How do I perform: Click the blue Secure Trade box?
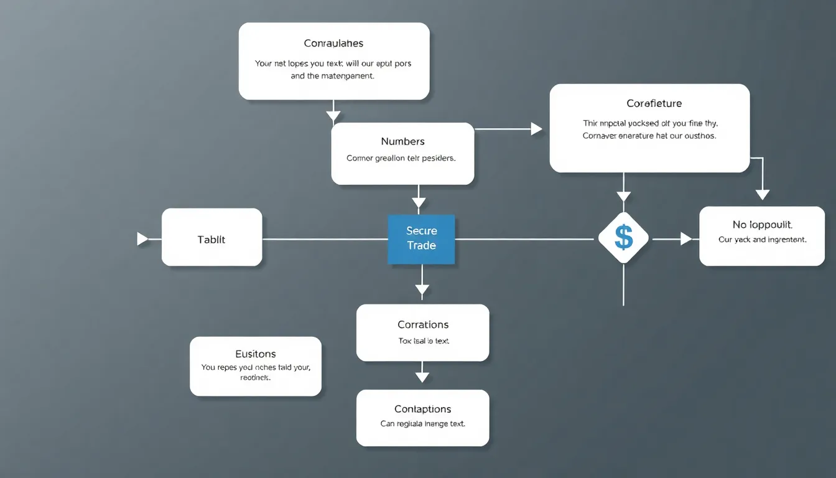pos(421,239)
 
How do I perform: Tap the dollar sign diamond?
pos(623,238)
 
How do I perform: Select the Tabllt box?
pos(211,239)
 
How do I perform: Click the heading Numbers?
pos(402,141)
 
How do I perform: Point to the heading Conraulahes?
pos(333,44)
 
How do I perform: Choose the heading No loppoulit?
pos(762,225)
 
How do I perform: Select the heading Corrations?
pos(423,325)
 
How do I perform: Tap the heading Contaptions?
pos(422,409)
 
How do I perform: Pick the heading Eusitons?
pos(256,354)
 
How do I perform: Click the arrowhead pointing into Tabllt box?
pos(142,239)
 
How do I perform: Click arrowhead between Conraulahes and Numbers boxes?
pos(333,115)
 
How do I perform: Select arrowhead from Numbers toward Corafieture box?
pos(536,129)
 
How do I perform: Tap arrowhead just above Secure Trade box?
pos(419,202)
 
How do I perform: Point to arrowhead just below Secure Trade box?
pos(422,289)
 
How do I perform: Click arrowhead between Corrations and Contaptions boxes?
pos(422,377)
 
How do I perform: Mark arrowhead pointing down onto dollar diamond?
pos(623,197)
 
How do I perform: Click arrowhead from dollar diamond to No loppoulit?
pos(685,238)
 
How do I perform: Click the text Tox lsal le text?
pos(423,341)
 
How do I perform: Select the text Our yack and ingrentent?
pos(762,240)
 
